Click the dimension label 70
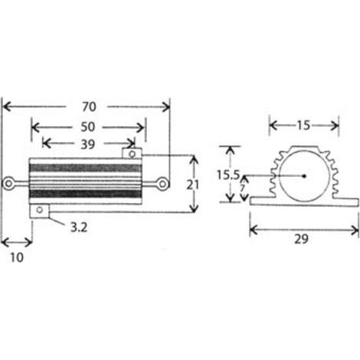pos(89,106)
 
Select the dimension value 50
pos(88,127)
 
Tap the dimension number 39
pos(88,145)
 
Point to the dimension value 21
pos(192,185)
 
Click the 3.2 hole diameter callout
pos(79,227)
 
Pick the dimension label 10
pos(17,257)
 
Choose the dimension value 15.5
pos(228,175)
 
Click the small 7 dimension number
pos(243,188)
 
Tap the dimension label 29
pos(302,239)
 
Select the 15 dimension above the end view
pos(303,126)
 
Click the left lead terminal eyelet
pos(8,184)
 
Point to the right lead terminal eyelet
pos(162,184)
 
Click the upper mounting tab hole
pos(133,154)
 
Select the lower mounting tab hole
pos(40,210)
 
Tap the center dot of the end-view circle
pos(304,176)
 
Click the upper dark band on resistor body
pos(85,168)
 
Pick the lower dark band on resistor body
pos(85,194)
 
